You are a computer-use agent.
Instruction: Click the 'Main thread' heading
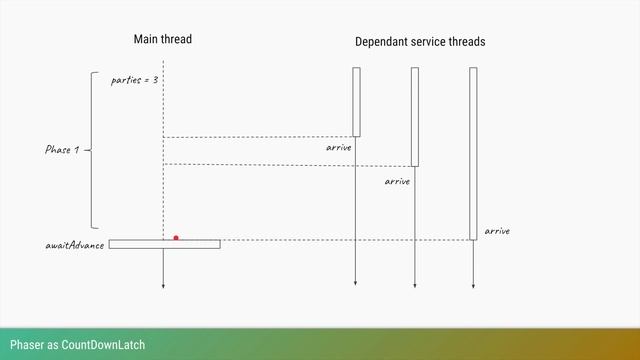tap(162, 39)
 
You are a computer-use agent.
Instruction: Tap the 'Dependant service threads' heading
tap(420, 42)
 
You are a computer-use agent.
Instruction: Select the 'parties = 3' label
tap(134, 79)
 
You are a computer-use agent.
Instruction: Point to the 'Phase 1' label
tap(62, 150)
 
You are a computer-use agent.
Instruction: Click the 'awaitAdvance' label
tap(75, 245)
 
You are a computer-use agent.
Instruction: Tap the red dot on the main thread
tap(176, 238)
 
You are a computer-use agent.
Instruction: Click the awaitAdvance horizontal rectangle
tap(140, 244)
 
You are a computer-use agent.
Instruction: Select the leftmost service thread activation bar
tap(356, 101)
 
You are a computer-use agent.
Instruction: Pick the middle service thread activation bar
tap(415, 116)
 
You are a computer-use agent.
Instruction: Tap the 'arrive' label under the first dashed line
tap(339, 148)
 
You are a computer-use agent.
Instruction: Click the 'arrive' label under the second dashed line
tap(397, 182)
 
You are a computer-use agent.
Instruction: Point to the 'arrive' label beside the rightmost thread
tap(497, 231)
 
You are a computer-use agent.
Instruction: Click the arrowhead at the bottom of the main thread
tap(163, 286)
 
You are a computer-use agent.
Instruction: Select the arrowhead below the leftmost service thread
tap(356, 286)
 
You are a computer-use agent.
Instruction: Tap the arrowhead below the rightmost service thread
tap(473, 286)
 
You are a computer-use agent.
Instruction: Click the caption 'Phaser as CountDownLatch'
tap(77, 345)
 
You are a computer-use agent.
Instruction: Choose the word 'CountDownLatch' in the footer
tap(103, 345)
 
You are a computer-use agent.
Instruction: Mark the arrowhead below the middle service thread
tap(415, 286)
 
